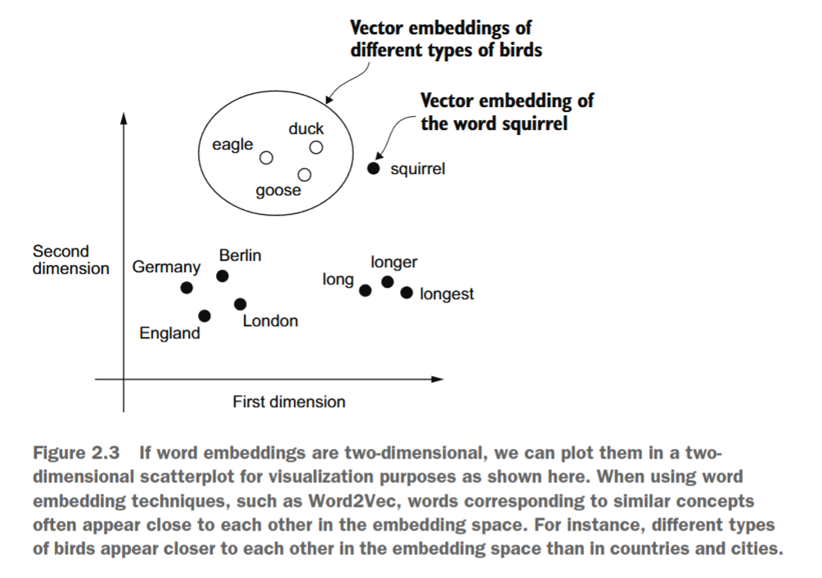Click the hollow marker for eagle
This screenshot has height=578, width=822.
tap(266, 157)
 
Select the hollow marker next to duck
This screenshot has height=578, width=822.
tap(316, 147)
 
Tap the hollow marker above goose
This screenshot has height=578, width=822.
tap(304, 174)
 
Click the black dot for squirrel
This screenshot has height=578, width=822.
tap(374, 168)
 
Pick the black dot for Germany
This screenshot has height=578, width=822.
tap(186, 287)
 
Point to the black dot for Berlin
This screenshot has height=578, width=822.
tap(222, 276)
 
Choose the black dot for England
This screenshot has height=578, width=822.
tap(204, 316)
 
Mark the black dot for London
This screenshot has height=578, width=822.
tap(240, 304)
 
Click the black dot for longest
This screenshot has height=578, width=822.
tap(407, 293)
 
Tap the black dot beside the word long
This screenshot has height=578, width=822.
tap(366, 288)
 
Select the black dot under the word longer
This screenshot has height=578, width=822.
tap(388, 282)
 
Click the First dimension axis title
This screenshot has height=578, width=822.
tap(289, 402)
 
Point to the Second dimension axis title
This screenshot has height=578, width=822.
tap(70, 260)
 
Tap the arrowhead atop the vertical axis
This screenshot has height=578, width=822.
tap(124, 119)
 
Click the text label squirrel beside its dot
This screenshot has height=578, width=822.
tap(417, 169)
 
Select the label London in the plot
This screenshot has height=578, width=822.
tap(270, 321)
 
